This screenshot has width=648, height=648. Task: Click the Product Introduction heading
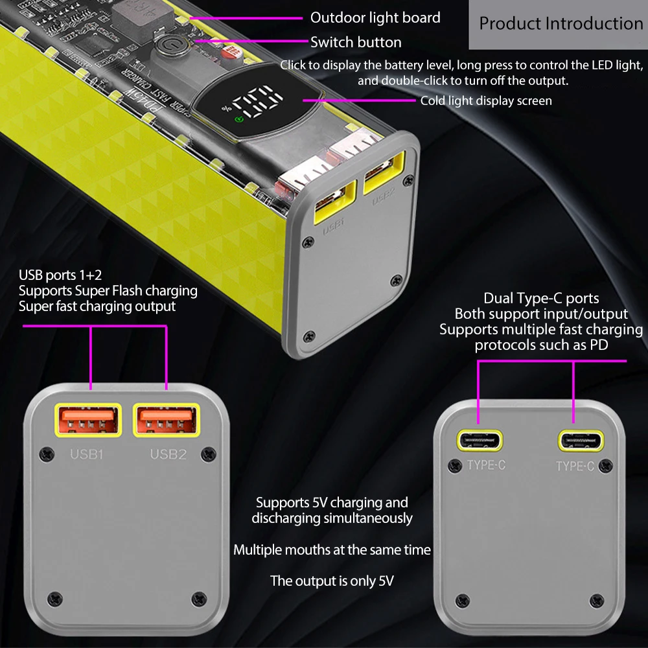click(x=561, y=24)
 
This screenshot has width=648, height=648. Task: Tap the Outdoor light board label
click(x=375, y=17)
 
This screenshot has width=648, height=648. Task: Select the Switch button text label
click(x=356, y=42)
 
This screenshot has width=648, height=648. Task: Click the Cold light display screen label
click(x=486, y=100)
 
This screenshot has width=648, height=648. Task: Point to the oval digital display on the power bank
click(x=255, y=103)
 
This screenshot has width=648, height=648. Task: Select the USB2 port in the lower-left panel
click(x=166, y=420)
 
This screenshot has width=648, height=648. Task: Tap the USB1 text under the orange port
click(x=87, y=454)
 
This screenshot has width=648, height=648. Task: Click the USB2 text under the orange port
click(x=168, y=454)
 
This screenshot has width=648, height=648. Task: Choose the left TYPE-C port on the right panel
click(x=481, y=441)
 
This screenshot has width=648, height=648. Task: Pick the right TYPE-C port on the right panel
click(x=580, y=441)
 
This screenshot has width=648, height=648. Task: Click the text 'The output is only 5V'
click(x=332, y=581)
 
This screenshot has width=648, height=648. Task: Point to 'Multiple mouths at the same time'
click(x=332, y=550)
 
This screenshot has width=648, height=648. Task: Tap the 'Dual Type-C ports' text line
click(x=541, y=298)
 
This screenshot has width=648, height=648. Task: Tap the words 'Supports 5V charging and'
click(x=332, y=502)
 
